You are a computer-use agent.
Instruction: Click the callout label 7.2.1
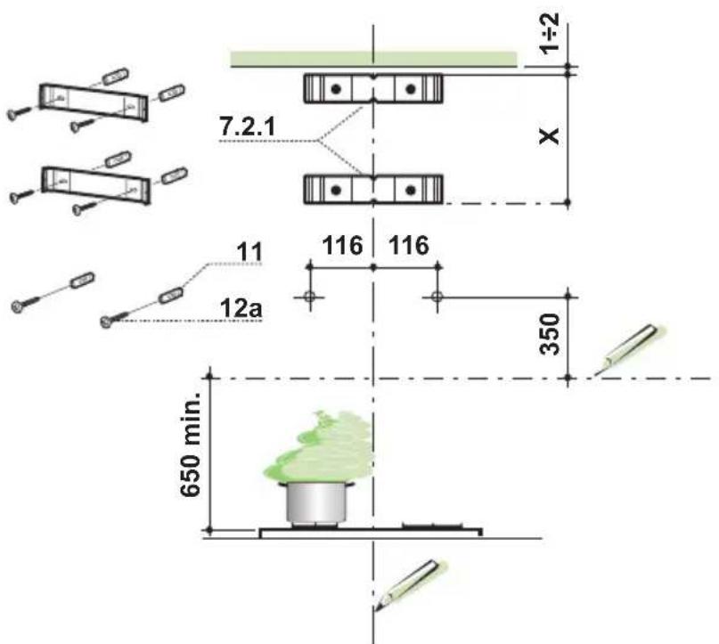tap(248, 126)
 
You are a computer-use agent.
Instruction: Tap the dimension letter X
tap(550, 136)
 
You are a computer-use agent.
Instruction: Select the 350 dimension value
tap(551, 334)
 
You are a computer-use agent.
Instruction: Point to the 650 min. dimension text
tap(190, 444)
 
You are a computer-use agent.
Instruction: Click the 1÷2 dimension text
tap(550, 34)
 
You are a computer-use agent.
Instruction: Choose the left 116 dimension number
tap(342, 246)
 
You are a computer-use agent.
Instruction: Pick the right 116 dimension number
tap(409, 246)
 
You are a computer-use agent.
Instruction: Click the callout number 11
tap(249, 252)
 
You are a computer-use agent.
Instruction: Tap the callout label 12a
tap(241, 308)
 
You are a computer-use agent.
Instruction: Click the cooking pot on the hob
tap(317, 503)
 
